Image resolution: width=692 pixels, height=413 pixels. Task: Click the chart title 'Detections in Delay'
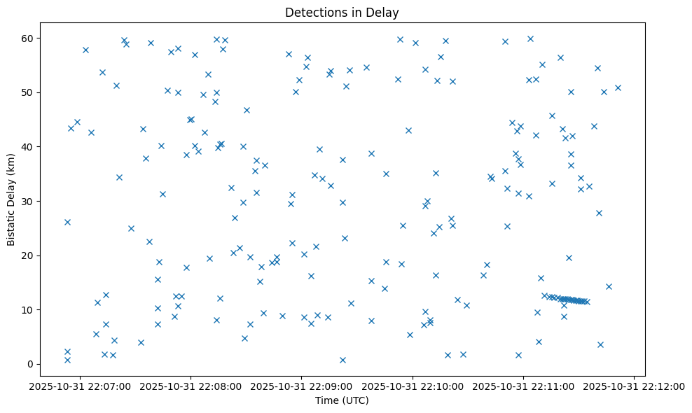[342, 12]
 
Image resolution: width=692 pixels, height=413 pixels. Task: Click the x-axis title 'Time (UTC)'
[342, 400]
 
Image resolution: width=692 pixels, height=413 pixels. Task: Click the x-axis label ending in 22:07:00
[79, 386]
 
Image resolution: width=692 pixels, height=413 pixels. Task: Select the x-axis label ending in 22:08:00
[190, 386]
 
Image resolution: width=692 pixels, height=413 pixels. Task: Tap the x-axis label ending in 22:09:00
[301, 386]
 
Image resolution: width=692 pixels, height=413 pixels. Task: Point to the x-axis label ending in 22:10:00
[413, 386]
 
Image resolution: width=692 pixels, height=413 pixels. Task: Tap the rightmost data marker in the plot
[618, 87]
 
